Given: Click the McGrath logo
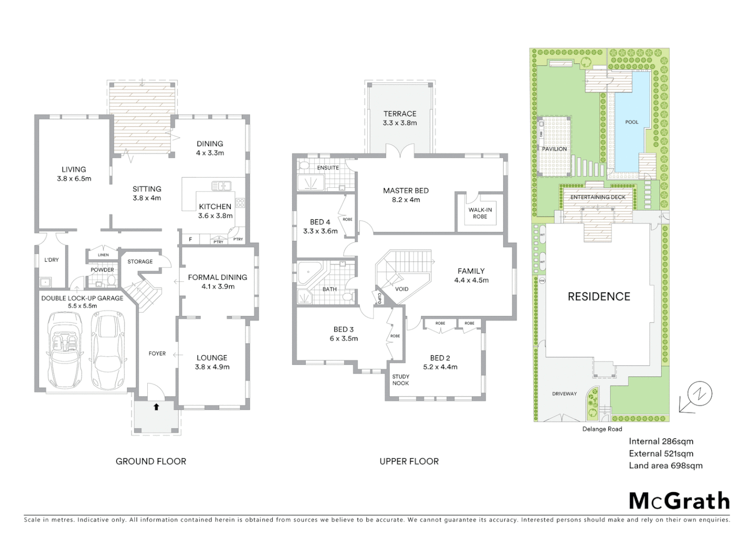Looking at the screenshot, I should (679, 501).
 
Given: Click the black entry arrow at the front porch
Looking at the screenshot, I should (156, 407).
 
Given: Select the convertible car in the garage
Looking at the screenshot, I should (64, 349).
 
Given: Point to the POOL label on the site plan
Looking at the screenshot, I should (631, 122).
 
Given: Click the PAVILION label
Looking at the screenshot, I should (554, 149).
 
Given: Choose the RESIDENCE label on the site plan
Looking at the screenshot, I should (599, 297).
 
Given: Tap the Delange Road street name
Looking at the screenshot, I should (602, 429).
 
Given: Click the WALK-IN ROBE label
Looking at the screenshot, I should (480, 213).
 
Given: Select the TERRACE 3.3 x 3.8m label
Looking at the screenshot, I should (400, 118).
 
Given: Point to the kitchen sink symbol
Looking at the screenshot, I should (221, 186).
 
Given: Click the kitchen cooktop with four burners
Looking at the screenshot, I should (240, 203).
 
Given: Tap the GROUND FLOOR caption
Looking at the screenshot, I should (151, 461).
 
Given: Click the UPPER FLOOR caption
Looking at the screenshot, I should (409, 461).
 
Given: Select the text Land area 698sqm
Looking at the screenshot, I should (665, 465).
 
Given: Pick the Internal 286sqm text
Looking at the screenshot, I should (661, 442).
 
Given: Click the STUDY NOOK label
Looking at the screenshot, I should (401, 380).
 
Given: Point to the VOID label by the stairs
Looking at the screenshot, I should (402, 289).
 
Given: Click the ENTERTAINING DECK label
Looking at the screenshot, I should (597, 197).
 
